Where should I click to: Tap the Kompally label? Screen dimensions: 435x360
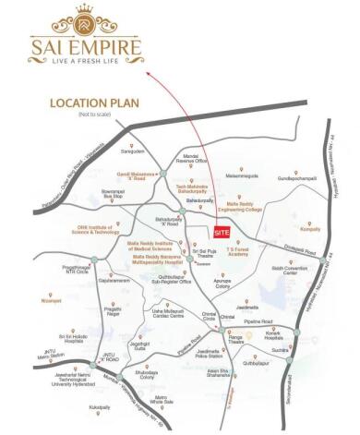coord(309,227)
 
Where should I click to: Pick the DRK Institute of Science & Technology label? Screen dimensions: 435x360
coord(71,227)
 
